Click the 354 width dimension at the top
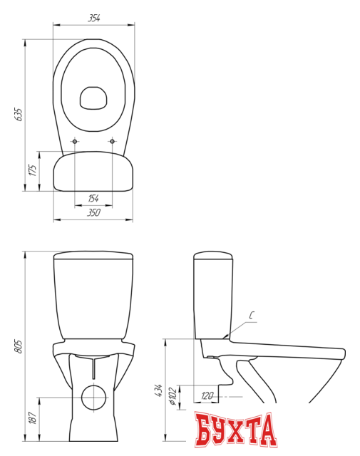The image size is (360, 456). (x=93, y=18)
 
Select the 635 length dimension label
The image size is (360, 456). (x=19, y=115)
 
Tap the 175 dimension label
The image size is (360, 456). (x=32, y=170)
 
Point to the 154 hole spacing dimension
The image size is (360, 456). (x=93, y=198)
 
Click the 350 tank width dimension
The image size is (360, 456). (x=93, y=213)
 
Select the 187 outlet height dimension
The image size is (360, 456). (x=32, y=418)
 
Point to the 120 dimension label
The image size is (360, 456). (x=207, y=395)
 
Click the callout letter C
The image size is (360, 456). (x=252, y=315)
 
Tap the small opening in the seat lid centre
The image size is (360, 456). (x=93, y=98)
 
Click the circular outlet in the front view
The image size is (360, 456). (x=93, y=397)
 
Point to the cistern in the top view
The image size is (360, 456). (x=93, y=172)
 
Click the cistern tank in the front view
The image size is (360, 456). (x=93, y=296)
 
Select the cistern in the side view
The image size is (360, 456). (x=212, y=296)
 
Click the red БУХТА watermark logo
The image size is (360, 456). (x=235, y=430)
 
